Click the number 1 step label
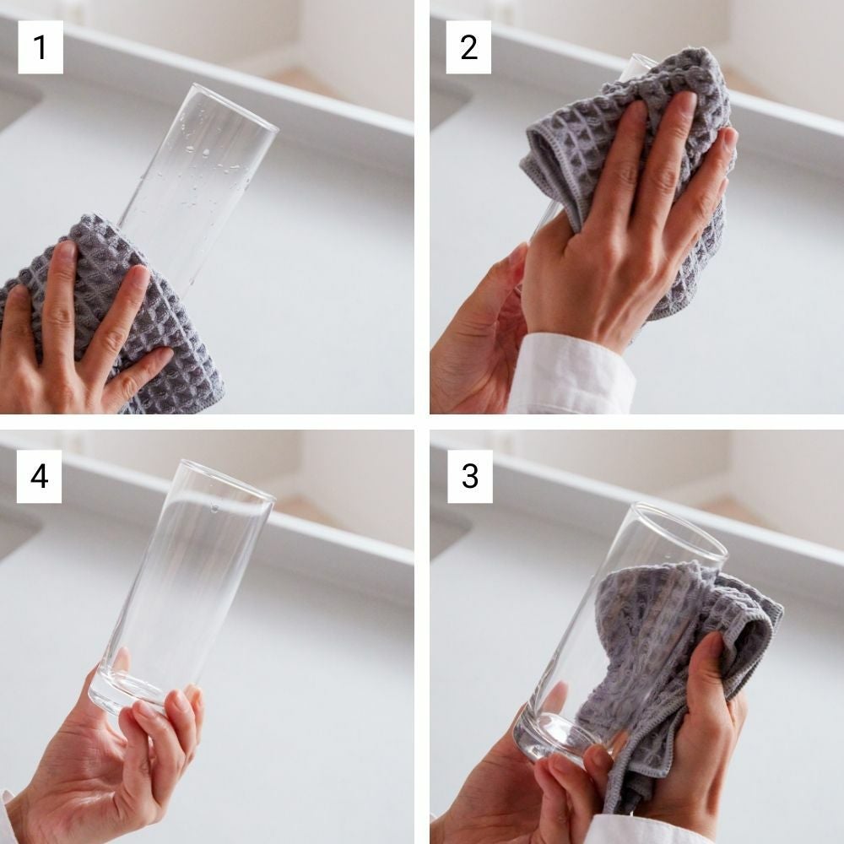tap(41, 46)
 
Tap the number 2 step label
tap(468, 46)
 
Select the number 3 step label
tap(470, 476)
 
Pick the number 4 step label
tap(40, 476)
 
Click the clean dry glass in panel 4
tap(183, 587)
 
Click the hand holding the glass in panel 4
tap(108, 754)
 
